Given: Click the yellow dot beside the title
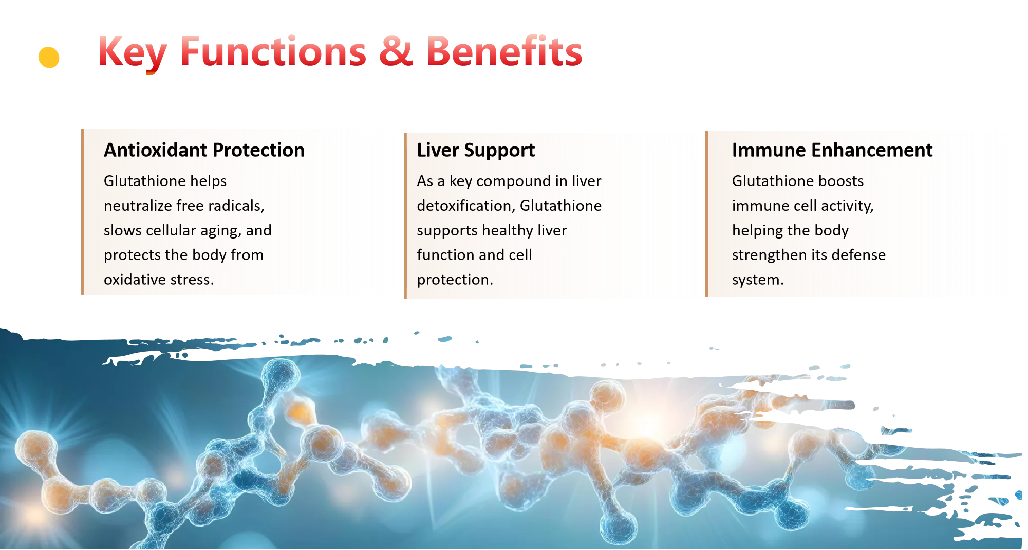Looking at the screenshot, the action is pos(49,58).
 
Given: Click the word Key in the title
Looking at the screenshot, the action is pos(132,53).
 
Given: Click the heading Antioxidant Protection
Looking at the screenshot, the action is pos(204,150).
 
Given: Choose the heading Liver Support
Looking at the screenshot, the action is pos(476,150).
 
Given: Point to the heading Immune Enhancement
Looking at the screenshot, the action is pos(832,150).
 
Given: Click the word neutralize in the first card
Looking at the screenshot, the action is pos(138,206).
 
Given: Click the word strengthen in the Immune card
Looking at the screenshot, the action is pos(763,255).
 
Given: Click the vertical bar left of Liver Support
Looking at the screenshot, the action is pos(405,215).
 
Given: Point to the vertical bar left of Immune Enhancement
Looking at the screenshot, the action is pos(706,213).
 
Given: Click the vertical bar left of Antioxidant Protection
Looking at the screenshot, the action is pos(82,211).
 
